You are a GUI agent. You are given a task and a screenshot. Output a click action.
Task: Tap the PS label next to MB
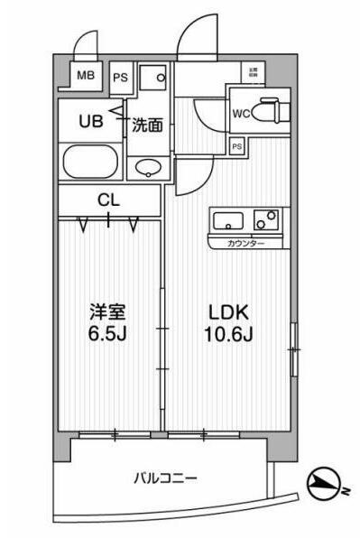pos(119,78)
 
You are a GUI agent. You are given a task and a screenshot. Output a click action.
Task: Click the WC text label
pos(242,113)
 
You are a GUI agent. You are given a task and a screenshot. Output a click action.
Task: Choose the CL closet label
pos(108,199)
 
